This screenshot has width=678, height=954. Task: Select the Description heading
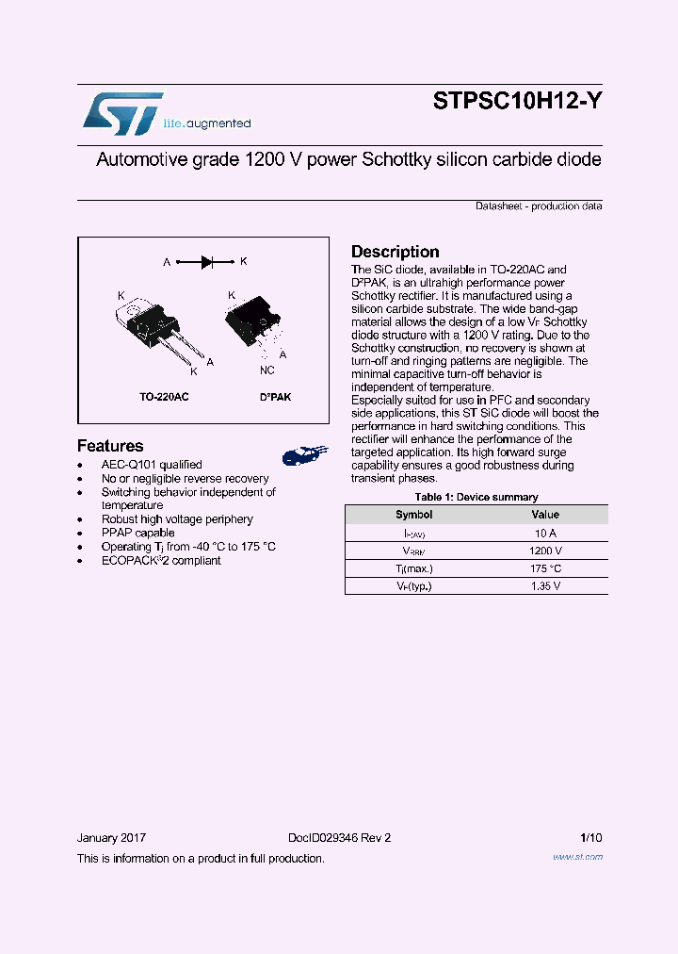[x=395, y=252]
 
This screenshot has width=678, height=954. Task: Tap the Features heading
[x=110, y=446]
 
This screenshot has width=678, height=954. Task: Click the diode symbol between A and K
[x=204, y=262]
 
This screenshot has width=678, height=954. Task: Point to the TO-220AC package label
[x=164, y=397]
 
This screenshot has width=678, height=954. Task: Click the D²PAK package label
[x=275, y=397]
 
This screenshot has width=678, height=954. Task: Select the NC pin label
[x=266, y=371]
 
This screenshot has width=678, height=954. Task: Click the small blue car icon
[x=305, y=455]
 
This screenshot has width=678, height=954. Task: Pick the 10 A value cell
[x=545, y=533]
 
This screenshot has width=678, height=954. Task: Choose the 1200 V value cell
[x=545, y=551]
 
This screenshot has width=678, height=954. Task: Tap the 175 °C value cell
[x=545, y=568]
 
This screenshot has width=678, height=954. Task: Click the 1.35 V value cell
[x=545, y=586]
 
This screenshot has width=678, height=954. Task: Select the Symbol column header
[x=413, y=515]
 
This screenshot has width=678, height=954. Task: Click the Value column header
[x=545, y=515]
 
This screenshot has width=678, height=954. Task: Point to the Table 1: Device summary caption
[x=476, y=497]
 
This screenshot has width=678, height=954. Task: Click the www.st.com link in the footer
[x=577, y=857]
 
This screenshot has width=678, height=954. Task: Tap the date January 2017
[x=111, y=838]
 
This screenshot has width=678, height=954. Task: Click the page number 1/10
[x=591, y=838]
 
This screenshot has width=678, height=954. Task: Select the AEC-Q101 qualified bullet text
[x=152, y=465]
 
